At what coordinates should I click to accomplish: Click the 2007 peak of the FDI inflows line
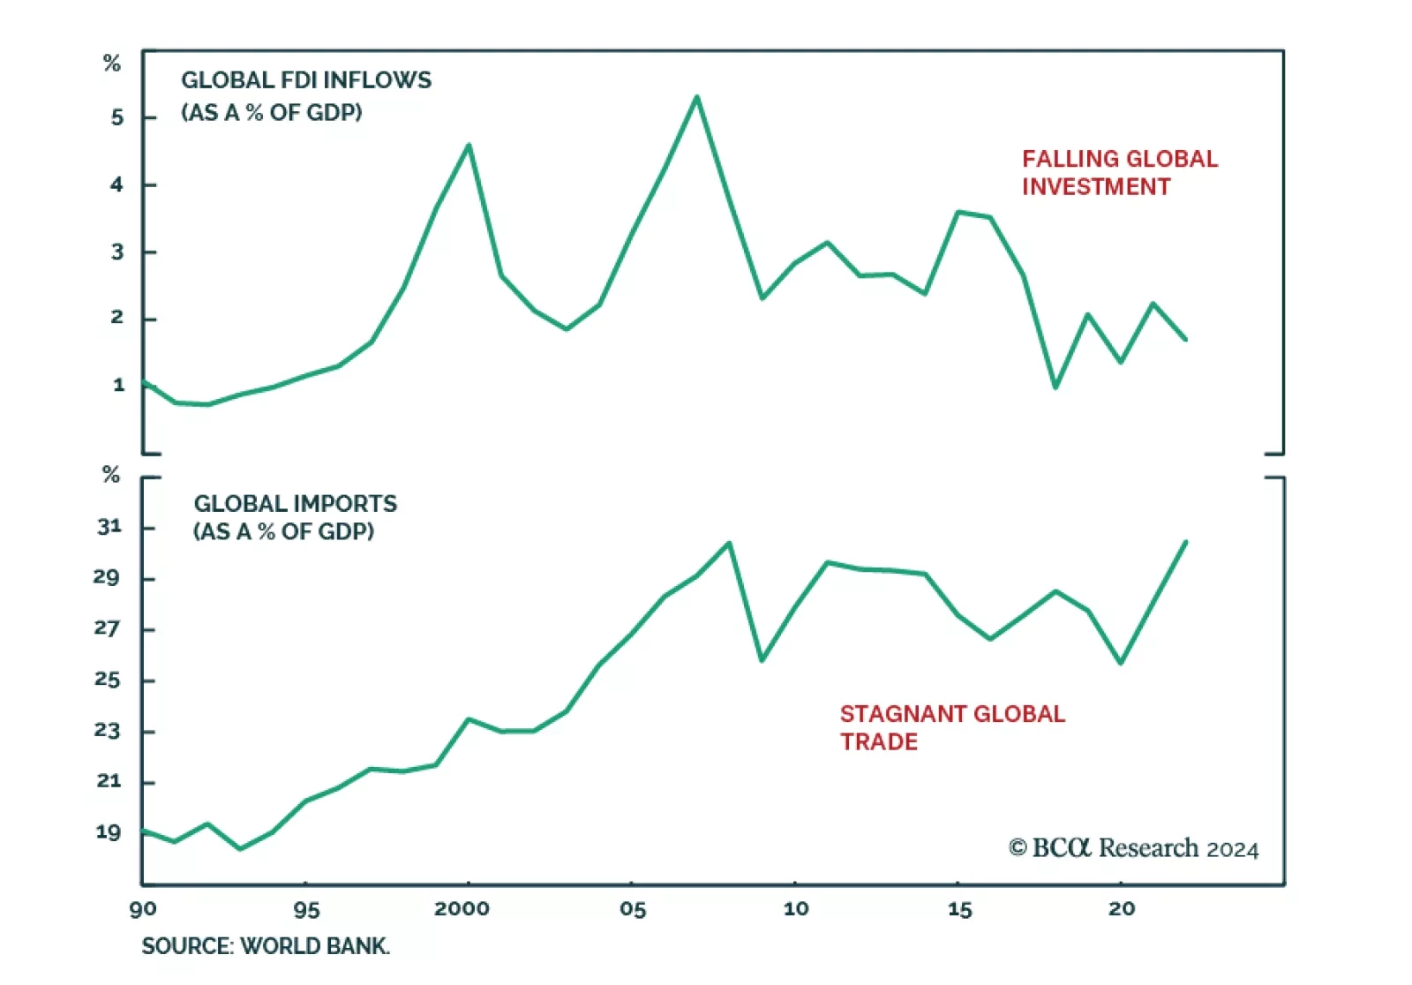click(x=697, y=97)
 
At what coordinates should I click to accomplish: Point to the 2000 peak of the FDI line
click(x=469, y=145)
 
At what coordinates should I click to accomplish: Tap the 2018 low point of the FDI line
click(x=1055, y=387)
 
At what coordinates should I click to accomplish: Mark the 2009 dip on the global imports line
click(x=762, y=659)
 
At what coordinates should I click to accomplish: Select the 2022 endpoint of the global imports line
click(x=1185, y=542)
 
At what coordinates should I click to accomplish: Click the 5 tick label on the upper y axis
click(x=117, y=117)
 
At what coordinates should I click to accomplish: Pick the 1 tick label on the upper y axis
click(x=118, y=385)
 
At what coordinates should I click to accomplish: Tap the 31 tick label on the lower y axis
click(x=109, y=527)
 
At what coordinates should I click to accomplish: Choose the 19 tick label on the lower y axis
click(x=108, y=832)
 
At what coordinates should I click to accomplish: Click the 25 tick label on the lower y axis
click(x=108, y=680)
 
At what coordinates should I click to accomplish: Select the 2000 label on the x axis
click(x=462, y=909)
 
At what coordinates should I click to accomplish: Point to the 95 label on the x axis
click(x=306, y=909)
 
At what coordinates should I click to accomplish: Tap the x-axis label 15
click(x=959, y=909)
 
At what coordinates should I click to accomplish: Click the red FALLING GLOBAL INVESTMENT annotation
click(x=1119, y=173)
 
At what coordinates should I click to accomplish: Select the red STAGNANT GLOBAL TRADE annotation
click(x=951, y=727)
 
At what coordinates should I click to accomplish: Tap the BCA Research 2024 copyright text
click(x=1133, y=848)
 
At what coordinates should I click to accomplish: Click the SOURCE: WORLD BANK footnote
click(x=265, y=946)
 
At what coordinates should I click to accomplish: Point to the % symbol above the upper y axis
click(x=111, y=64)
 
